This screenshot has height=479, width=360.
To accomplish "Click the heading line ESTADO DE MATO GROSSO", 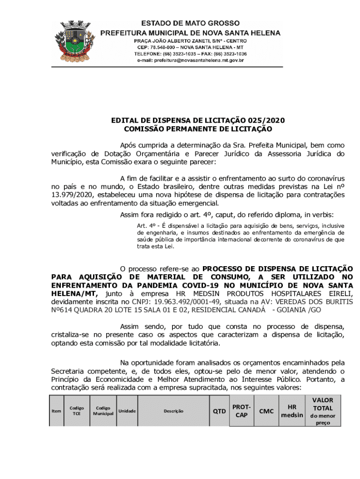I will (x=191, y=23).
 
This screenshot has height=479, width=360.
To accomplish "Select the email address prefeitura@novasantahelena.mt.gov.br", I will (x=191, y=60).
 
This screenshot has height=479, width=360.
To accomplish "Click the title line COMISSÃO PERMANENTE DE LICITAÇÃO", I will (x=198, y=129).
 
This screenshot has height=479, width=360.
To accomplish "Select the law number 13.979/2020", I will (x=73, y=195).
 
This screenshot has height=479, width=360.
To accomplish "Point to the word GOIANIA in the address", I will (x=295, y=310).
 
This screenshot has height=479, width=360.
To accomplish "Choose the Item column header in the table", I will (x=57, y=411).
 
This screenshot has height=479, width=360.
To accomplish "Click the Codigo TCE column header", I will (x=77, y=411).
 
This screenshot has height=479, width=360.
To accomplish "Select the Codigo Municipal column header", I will (x=103, y=411).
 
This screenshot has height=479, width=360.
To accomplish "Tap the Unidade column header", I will (x=127, y=411).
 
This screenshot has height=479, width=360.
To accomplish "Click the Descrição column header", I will (x=173, y=411).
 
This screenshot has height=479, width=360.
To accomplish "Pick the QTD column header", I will (x=219, y=411).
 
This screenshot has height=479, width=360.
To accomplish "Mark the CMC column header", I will (x=266, y=411).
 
